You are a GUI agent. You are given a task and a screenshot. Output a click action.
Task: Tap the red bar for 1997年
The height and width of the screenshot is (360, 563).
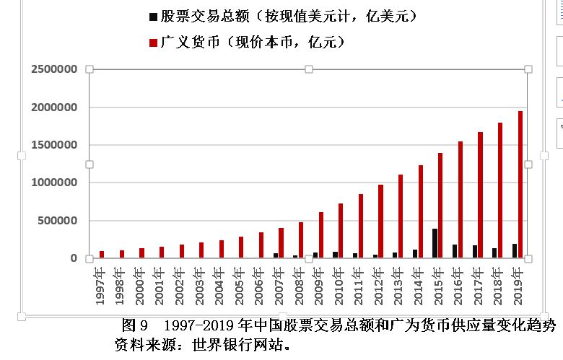(x=102, y=254)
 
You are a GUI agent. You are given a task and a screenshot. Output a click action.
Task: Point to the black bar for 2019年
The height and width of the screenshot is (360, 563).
(x=514, y=250)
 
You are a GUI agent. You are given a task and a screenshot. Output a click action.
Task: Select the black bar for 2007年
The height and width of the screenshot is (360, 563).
(x=275, y=255)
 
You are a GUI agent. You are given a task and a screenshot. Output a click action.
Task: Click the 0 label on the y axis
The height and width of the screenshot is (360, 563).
(x=74, y=258)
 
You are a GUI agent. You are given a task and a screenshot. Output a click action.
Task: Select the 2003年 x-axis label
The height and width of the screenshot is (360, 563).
(x=199, y=286)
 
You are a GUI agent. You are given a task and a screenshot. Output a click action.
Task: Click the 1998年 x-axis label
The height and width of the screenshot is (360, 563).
(x=120, y=286)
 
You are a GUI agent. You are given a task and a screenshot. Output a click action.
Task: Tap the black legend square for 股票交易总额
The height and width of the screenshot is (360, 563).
(x=152, y=16)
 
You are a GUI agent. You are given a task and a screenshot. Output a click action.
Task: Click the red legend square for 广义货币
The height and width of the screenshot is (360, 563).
(x=152, y=43)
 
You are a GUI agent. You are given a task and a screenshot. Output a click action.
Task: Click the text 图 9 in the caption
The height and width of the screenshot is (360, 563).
(x=135, y=325)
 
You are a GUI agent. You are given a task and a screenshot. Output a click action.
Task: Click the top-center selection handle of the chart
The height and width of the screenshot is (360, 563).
(x=309, y=69)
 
